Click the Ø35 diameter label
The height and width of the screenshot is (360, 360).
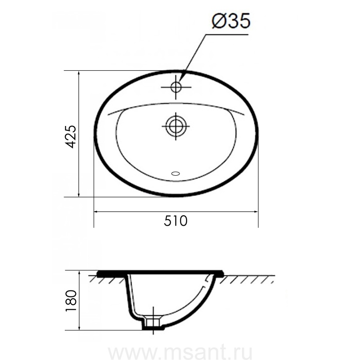pyautogui.click(x=231, y=21)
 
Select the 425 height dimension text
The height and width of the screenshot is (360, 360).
pyautogui.click(x=70, y=137)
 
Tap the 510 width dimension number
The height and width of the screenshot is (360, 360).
pyautogui.click(x=176, y=221)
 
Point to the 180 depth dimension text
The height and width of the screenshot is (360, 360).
pyautogui.click(x=71, y=300)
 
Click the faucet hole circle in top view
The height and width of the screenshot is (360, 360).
pyautogui.click(x=176, y=87)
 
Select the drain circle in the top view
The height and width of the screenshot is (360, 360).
pyautogui.click(x=176, y=126)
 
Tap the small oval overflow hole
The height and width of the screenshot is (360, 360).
pyautogui.click(x=176, y=174)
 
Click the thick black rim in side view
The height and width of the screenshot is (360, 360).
pyautogui.click(x=160, y=273)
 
